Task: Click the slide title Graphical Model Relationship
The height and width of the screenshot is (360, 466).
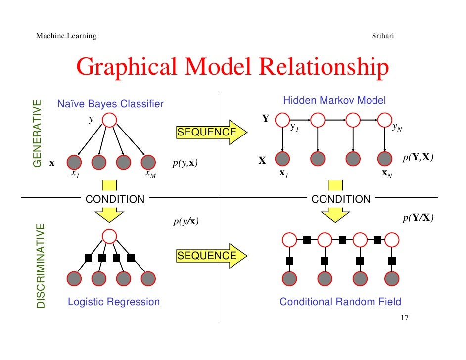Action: click(x=232, y=69)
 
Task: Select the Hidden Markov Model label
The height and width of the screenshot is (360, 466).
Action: click(x=334, y=101)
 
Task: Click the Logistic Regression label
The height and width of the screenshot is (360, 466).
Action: click(x=114, y=302)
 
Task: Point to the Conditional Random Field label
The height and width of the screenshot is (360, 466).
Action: click(x=340, y=302)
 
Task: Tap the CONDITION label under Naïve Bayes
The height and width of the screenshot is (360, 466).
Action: click(x=115, y=199)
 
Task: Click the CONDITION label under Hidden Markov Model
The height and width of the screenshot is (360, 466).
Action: click(x=341, y=199)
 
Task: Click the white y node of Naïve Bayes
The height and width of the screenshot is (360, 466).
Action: click(x=109, y=120)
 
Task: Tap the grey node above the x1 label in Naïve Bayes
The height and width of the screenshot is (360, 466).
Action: click(x=74, y=162)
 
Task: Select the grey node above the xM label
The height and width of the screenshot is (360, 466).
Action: click(x=148, y=162)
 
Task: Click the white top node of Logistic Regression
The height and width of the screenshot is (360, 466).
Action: click(x=109, y=235)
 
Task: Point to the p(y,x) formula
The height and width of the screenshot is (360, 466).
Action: click(x=186, y=163)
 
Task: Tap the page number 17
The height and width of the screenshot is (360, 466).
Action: click(x=404, y=318)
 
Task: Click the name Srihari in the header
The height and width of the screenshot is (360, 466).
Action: click(x=382, y=36)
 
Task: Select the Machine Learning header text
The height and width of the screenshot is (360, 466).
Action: click(x=66, y=36)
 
